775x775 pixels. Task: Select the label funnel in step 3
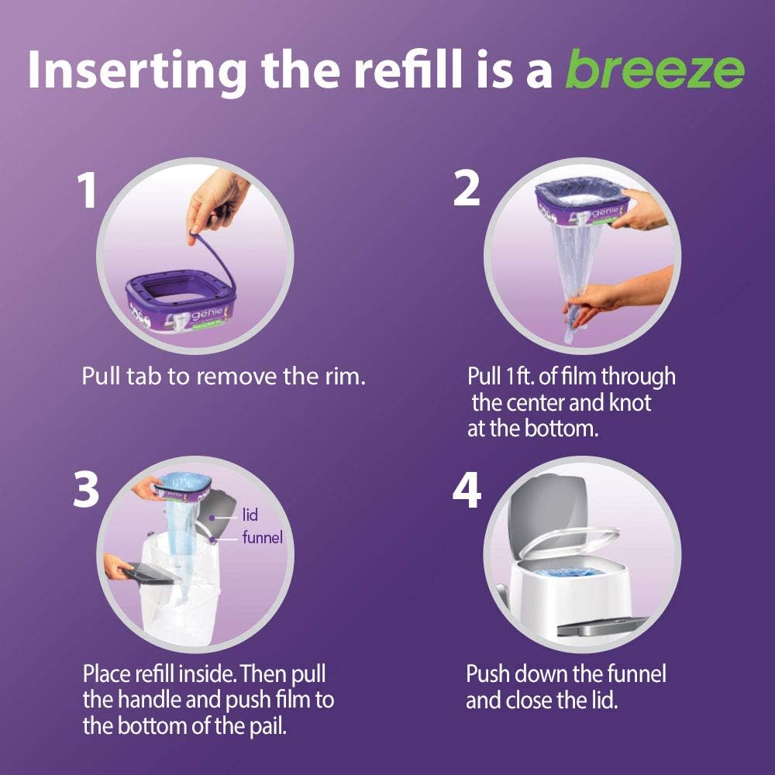pos(262,536)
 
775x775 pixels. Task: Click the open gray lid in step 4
pos(542,504)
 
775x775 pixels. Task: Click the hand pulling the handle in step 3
pos(120,569)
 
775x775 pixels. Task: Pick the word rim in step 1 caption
pos(343,377)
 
